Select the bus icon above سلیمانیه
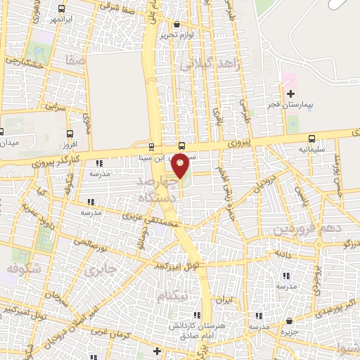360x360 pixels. pyautogui.click(x=311, y=138)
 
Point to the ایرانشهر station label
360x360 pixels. pyautogui.click(x=64, y=20)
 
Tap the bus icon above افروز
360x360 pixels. pyautogui.click(x=69, y=133)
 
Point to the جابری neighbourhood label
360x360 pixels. pyautogui.click(x=98, y=270)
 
